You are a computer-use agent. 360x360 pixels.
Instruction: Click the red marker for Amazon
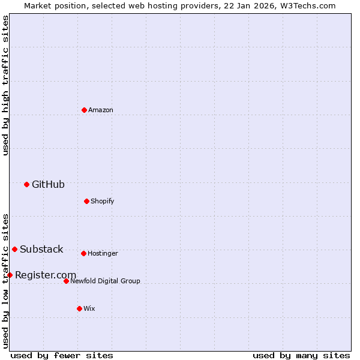[84, 110]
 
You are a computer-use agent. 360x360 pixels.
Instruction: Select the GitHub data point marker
[26, 184]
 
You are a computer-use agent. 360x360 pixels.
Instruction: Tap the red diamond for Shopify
[86, 201]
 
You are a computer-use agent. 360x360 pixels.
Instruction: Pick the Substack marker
[14, 249]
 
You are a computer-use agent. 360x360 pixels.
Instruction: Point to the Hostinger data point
[83, 253]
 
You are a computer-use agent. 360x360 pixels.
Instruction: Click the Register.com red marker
[10, 275]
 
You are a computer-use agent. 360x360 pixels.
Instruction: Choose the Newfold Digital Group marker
[66, 281]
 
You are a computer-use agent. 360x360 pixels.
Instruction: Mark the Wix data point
[79, 308]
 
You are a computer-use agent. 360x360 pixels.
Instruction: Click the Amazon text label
[101, 110]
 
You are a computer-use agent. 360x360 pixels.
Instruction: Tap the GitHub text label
[48, 185]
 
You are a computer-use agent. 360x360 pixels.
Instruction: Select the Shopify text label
[103, 202]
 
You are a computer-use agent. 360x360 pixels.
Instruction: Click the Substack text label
[41, 250]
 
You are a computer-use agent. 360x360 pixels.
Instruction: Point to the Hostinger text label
[103, 254]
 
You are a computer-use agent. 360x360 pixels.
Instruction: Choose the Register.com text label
[46, 275]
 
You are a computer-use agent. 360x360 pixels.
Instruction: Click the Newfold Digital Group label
[105, 281]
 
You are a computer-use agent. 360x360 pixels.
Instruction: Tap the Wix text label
[89, 309]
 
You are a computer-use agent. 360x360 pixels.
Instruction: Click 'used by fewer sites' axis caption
[62, 356]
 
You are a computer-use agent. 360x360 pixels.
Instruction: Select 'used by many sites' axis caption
[301, 356]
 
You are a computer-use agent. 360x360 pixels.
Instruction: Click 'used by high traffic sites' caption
[6, 85]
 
